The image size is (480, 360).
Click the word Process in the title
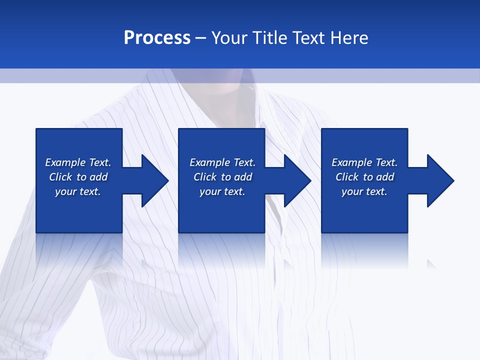click(157, 38)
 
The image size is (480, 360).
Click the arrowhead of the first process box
click(154, 180)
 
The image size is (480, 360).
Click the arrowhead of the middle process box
click(297, 180)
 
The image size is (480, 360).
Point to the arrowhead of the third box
click(440, 180)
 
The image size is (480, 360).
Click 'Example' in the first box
click(65, 162)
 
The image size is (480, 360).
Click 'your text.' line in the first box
click(78, 191)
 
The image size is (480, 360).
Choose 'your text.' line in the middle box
click(222, 191)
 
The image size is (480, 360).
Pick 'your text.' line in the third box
click(364, 191)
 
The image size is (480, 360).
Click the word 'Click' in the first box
click(60, 177)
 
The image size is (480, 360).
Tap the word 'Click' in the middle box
click(204, 177)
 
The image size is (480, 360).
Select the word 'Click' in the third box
click(346, 177)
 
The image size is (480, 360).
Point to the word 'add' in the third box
click(384, 177)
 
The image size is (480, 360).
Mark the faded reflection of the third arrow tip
click(431, 263)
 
